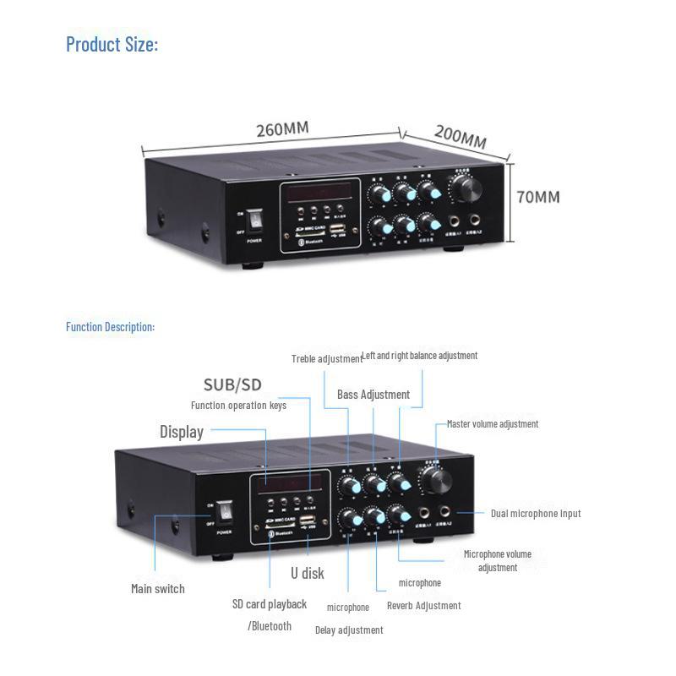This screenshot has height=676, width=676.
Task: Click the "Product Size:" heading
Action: (x=112, y=44)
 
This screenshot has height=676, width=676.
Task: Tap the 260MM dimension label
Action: (x=282, y=129)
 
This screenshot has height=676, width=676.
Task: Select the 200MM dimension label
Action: (x=461, y=137)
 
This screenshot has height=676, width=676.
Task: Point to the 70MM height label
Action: (x=538, y=197)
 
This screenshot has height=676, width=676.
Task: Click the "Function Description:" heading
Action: (x=110, y=327)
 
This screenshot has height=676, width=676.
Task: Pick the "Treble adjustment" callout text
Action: (x=326, y=358)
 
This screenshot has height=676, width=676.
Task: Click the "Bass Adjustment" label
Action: (x=373, y=395)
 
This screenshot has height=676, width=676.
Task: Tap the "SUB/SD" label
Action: (x=232, y=385)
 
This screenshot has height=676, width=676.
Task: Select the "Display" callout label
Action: (x=182, y=432)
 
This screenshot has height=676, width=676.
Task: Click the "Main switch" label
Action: (x=158, y=588)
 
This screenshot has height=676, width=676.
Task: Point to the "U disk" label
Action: (x=307, y=573)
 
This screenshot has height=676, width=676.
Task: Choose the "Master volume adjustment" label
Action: (x=493, y=424)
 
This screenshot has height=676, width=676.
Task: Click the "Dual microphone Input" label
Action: (x=536, y=514)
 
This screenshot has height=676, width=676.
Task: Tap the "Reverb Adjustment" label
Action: (x=423, y=605)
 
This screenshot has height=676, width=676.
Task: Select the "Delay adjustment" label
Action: (x=349, y=630)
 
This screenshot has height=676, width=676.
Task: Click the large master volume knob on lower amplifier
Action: (x=437, y=480)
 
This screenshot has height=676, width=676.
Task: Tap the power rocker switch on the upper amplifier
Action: (x=253, y=222)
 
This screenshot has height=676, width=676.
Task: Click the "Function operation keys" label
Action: (x=238, y=406)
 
